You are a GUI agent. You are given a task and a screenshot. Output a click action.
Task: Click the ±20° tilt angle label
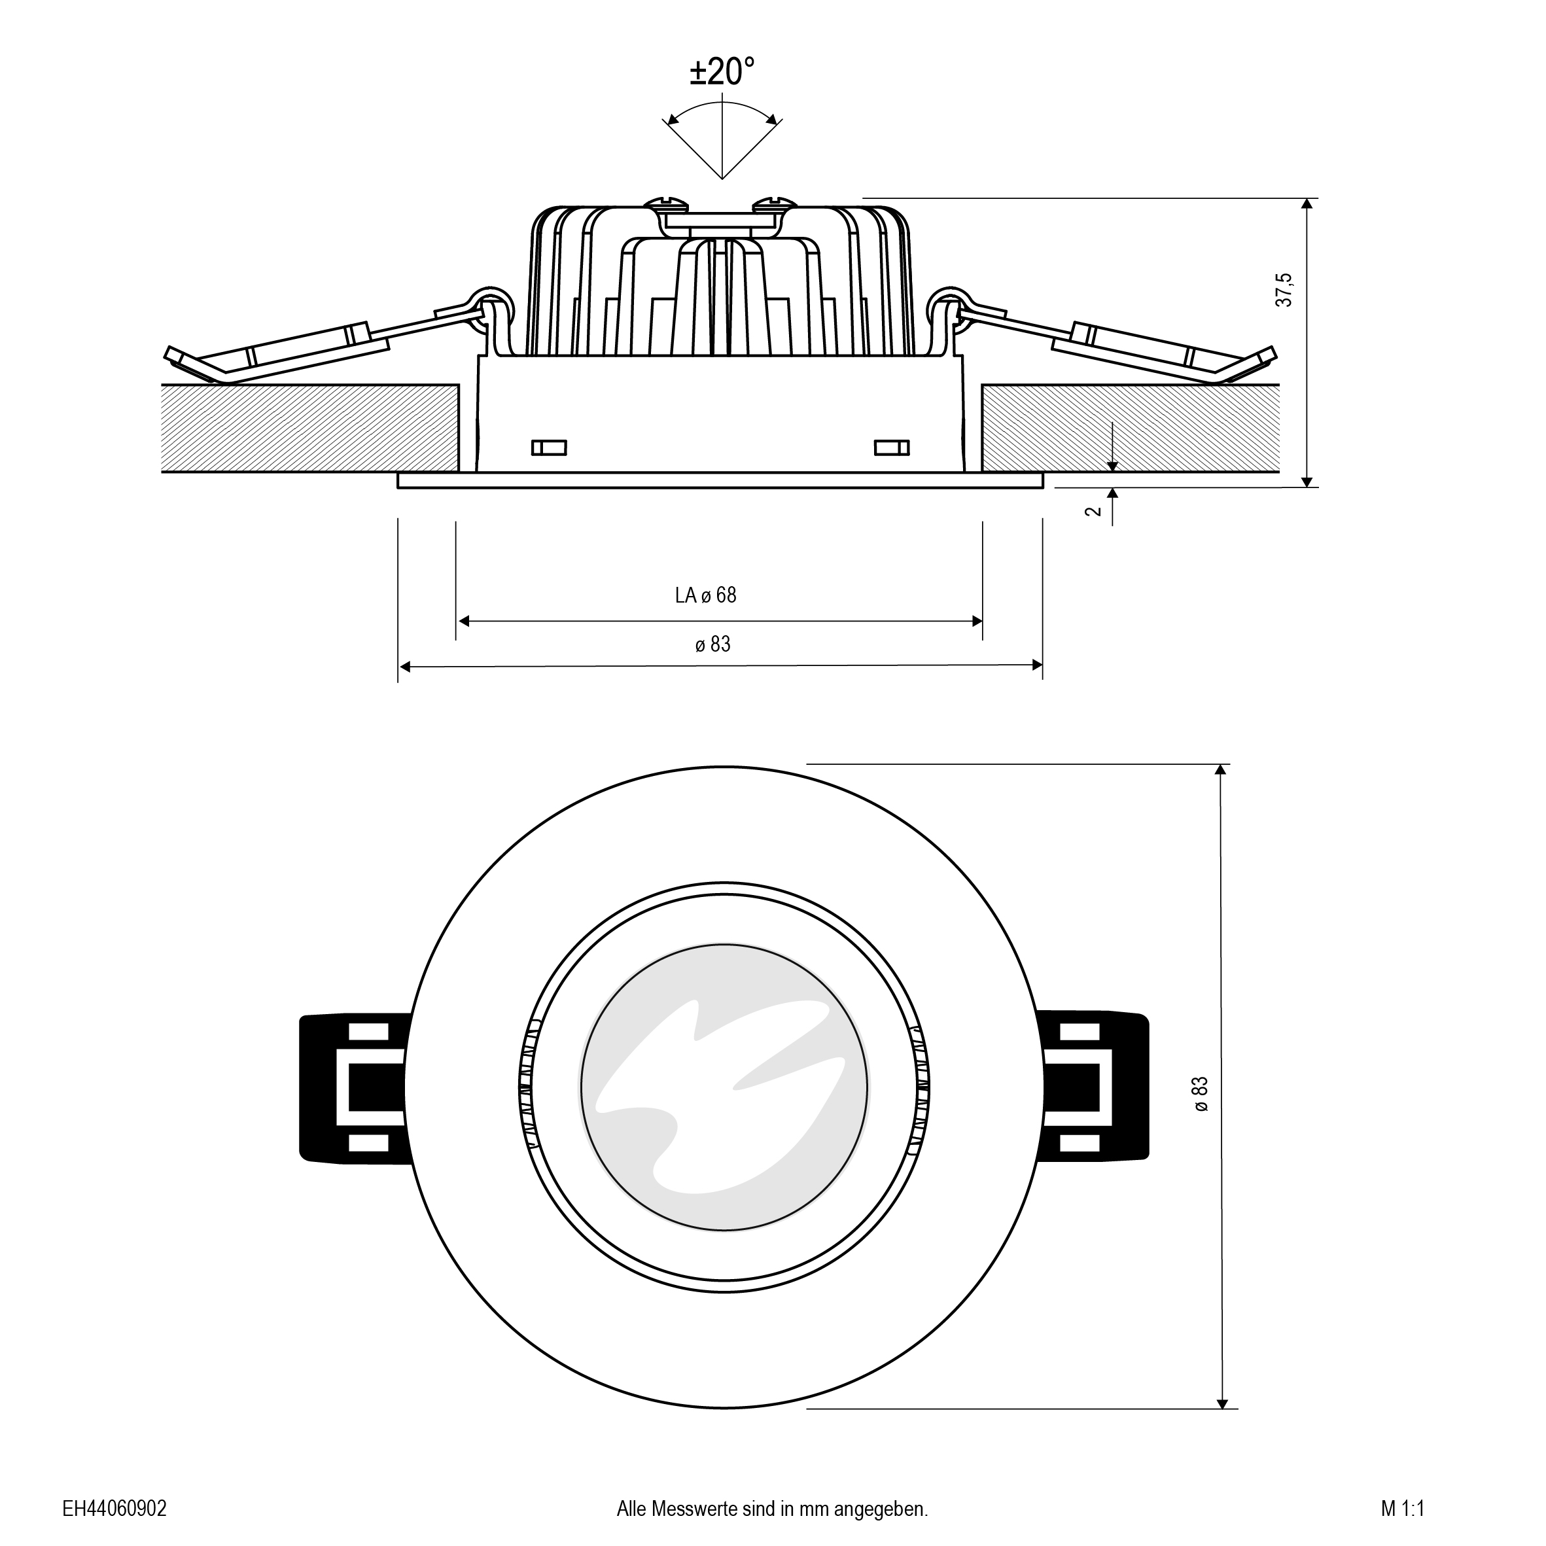(722, 72)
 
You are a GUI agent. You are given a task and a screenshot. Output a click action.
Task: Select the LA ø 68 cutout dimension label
(705, 595)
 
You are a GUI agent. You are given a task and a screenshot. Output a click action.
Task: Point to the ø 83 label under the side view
(712, 644)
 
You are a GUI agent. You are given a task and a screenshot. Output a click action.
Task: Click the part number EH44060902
(114, 1509)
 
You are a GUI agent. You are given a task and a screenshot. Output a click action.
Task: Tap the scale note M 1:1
(1403, 1509)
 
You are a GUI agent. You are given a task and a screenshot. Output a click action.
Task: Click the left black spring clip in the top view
(355, 1087)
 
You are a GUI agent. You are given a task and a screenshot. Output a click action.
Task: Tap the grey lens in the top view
(724, 1087)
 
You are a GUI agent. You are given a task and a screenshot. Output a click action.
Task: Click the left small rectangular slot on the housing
(549, 448)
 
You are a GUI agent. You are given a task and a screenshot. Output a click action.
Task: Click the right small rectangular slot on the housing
(892, 448)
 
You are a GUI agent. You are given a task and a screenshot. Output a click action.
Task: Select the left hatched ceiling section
(311, 428)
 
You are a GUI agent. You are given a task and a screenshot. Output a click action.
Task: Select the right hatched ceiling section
(1130, 428)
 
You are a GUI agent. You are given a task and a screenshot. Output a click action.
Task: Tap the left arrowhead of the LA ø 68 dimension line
(463, 621)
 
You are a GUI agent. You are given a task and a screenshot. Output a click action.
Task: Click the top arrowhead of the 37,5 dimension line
(1307, 203)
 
